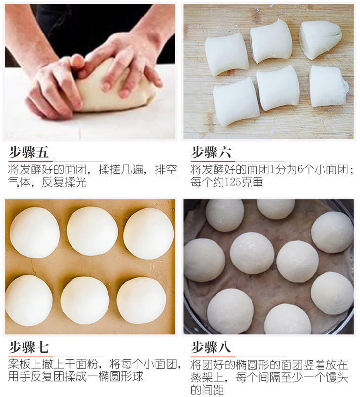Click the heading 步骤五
(29, 152)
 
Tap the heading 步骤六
(211, 152)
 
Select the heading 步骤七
(29, 347)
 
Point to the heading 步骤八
(211, 347)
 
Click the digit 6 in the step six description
(300, 169)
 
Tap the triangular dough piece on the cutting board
(321, 40)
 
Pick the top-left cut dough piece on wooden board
(227, 55)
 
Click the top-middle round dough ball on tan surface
(92, 231)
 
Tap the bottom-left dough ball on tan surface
(29, 300)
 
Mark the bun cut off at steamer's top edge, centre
(276, 209)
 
